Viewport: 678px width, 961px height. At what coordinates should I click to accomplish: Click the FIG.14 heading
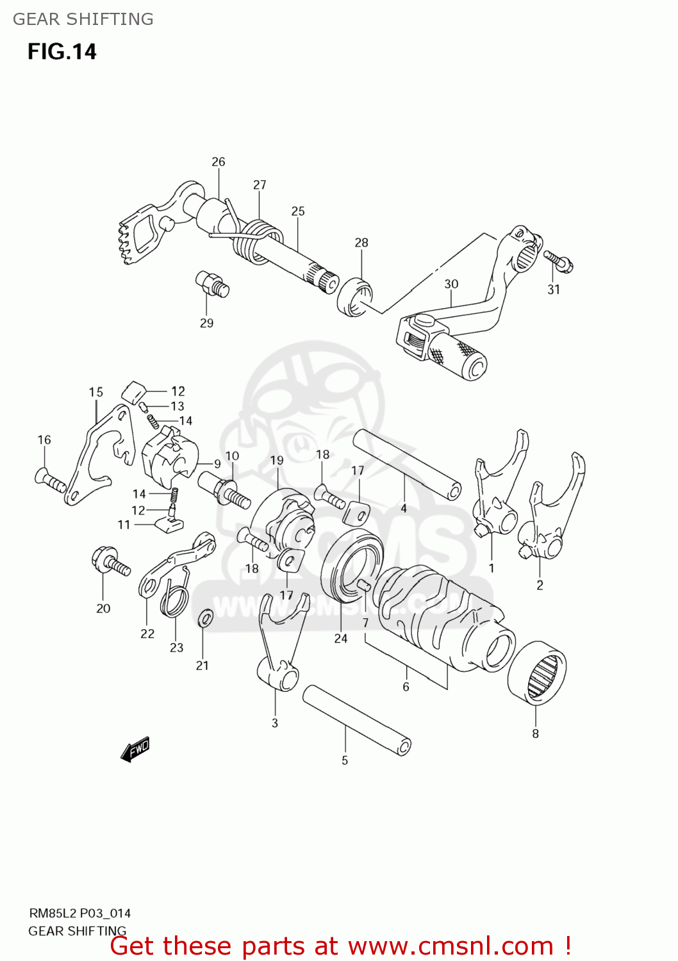coord(62,51)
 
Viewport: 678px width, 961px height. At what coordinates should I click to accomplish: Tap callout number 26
coord(219,161)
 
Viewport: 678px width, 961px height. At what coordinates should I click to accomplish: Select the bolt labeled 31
coord(559,261)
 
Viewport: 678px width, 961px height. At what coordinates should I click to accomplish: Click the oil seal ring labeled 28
coord(354,297)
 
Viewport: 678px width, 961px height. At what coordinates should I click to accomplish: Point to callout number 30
coord(451,284)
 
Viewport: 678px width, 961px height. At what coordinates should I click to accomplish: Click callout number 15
coord(95,391)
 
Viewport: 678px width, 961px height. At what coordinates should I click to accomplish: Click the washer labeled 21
coord(205,619)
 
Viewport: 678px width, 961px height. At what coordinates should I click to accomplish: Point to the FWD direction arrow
coord(135,749)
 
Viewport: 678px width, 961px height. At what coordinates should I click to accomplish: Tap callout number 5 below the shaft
coord(345,760)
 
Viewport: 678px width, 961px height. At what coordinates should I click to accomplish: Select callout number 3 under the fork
coord(275,723)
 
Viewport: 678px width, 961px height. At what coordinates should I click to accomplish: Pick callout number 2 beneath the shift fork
coord(540,585)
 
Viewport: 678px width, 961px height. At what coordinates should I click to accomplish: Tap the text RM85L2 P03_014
coord(80,914)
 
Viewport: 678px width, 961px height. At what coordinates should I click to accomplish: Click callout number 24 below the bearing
coord(340,638)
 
